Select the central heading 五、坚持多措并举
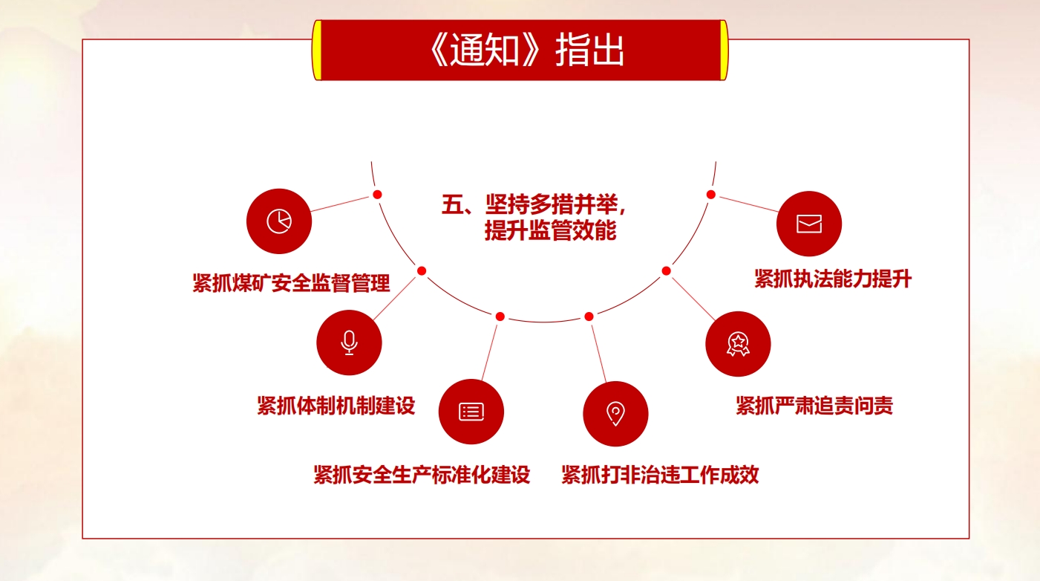pyautogui.click(x=534, y=204)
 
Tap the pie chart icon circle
pyautogui.click(x=279, y=221)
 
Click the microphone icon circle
pyautogui.click(x=349, y=343)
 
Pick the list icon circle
pyautogui.click(x=471, y=412)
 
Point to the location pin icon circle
pyautogui.click(x=615, y=414)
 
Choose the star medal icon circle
pyautogui.click(x=738, y=344)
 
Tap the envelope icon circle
pyautogui.click(x=809, y=224)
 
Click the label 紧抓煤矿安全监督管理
pyautogui.click(x=291, y=283)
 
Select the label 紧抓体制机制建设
pyautogui.click(x=336, y=406)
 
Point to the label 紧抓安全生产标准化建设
pyautogui.click(x=422, y=475)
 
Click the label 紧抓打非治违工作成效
pyautogui.click(x=660, y=475)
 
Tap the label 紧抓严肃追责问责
pyautogui.click(x=814, y=406)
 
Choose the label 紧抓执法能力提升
pyautogui.click(x=833, y=279)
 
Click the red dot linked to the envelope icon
pyautogui.click(x=711, y=195)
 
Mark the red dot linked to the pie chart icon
pyautogui.click(x=377, y=195)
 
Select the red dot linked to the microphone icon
pyautogui.click(x=422, y=271)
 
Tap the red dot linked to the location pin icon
pyautogui.click(x=589, y=317)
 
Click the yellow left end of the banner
pyautogui.click(x=317, y=51)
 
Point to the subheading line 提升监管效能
pyautogui.click(x=550, y=230)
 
